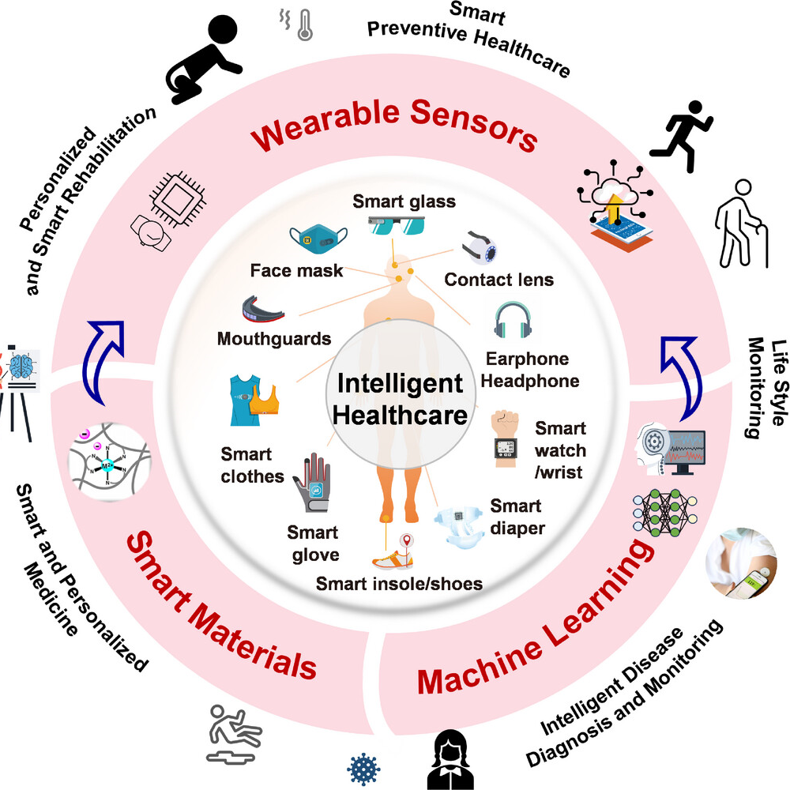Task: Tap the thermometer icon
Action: click(305, 25)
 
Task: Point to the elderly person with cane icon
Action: click(742, 224)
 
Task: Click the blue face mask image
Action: click(318, 238)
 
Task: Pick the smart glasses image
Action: click(397, 225)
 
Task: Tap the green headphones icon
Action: click(513, 321)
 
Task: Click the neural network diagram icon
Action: click(665, 513)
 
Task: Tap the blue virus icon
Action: click(363, 769)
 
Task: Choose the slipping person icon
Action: click(234, 734)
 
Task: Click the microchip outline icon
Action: click(178, 200)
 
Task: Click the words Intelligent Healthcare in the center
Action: click(400, 399)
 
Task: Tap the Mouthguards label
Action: click(274, 339)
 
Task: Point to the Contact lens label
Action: click(498, 280)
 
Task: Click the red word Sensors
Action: click(473, 125)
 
